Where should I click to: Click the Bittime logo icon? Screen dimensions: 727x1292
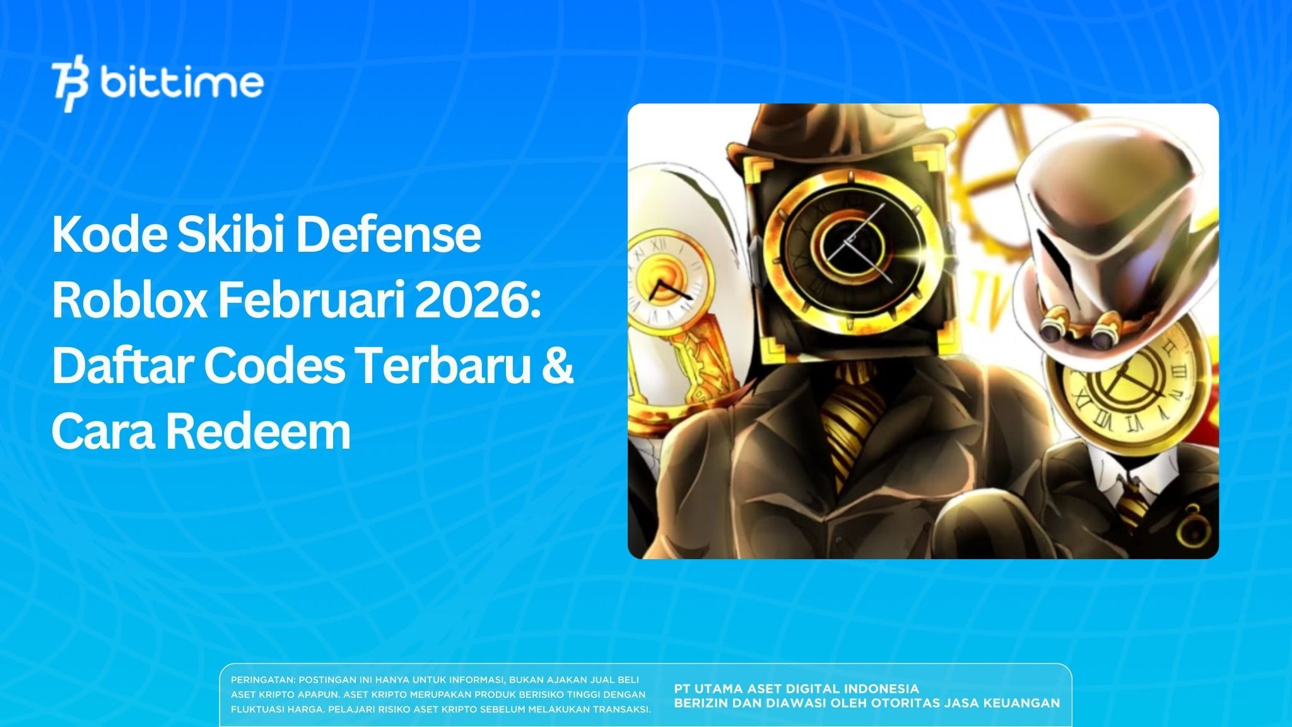coord(70,86)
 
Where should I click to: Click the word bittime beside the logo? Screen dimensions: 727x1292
coord(181,83)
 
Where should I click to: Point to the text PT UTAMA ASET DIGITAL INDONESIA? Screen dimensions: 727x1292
coord(796,689)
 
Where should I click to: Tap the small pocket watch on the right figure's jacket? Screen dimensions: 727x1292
coord(1192,523)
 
